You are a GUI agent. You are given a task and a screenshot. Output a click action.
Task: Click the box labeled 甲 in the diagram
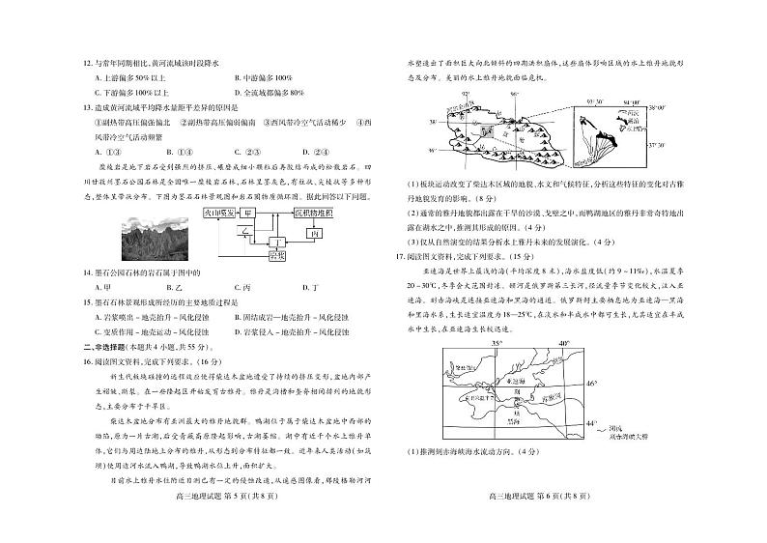click(249, 210)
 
